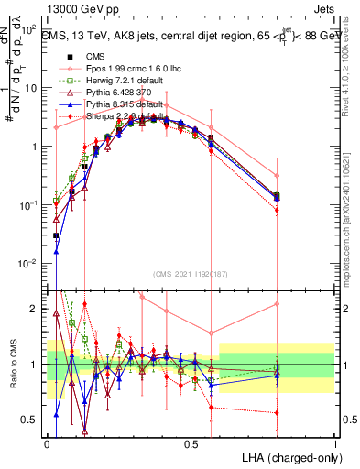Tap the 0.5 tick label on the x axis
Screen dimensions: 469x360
[191, 443]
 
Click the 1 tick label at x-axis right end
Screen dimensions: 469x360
[334, 443]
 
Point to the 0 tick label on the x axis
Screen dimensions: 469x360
[48, 443]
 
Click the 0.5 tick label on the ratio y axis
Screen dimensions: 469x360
[30, 420]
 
